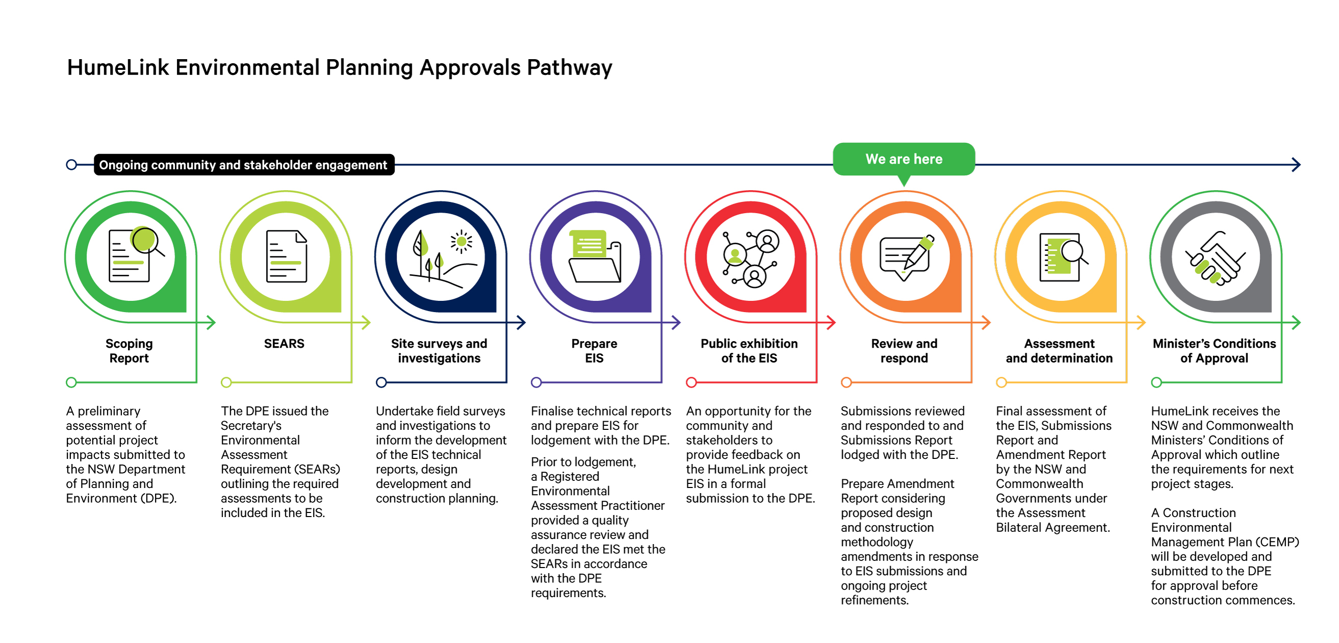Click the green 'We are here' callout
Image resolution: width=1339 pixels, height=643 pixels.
pos(904,159)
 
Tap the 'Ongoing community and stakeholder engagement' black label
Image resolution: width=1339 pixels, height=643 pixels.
pos(244,165)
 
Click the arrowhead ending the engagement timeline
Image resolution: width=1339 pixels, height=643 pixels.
pos(1296,165)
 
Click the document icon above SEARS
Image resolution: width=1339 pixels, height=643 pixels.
pos(287,256)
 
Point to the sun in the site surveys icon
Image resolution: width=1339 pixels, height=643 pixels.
pos(461,242)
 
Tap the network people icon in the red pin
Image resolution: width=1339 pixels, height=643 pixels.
pos(751,259)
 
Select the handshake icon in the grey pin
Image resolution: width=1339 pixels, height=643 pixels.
pos(1215,258)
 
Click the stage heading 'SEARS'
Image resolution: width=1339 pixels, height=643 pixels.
pos(284,344)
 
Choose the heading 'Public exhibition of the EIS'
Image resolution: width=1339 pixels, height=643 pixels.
pos(749,351)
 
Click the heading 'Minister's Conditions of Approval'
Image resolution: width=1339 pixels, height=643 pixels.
pos(1214,351)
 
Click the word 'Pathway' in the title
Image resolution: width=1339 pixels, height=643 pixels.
pos(570,68)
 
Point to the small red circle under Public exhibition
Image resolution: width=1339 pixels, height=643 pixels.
pos(691,382)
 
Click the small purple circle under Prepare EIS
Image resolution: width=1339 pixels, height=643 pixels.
pos(536,382)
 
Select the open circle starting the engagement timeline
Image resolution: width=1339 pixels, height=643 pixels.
pos(72,165)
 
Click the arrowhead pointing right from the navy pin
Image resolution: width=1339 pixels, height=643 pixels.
pos(521,322)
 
